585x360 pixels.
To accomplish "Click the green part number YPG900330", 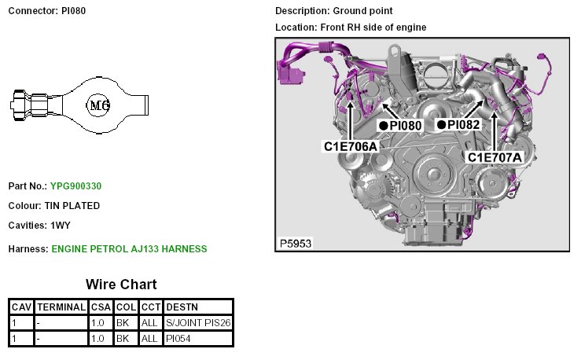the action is [75, 186].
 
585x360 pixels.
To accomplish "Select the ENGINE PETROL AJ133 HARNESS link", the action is [129, 249].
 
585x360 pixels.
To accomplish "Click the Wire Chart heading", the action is [121, 285].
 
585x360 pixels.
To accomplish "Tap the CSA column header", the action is [101, 307].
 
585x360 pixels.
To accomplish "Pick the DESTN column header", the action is [182, 307].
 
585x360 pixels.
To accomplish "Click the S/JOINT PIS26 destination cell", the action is [198, 323].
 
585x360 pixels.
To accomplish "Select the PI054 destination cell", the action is [178, 339].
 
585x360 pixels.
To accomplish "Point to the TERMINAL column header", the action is [61, 307].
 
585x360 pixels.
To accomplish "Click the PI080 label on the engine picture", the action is [406, 126].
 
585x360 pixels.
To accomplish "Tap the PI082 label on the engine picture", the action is [463, 125].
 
